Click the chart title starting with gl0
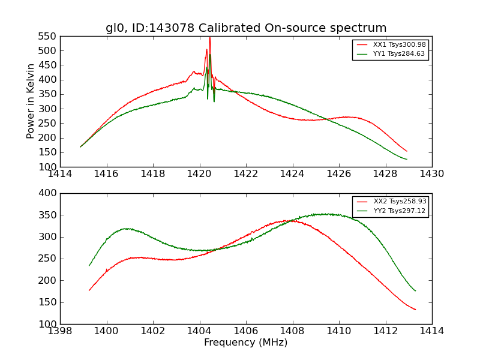246,28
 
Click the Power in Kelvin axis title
31,101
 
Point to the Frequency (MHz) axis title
246,343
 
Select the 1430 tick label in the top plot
431,174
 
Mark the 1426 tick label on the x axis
339,174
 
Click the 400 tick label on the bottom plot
49,193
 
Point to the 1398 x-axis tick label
61,331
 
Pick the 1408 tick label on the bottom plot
293,331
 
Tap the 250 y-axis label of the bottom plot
49,259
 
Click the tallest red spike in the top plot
209,38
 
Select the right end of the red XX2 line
415,310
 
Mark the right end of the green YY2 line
415,291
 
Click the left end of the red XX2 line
89,291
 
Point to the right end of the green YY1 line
407,159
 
